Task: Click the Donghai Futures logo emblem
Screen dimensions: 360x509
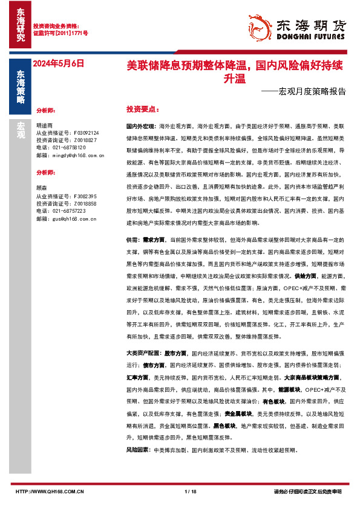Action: coord(261,27)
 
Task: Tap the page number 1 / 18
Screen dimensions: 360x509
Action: coord(190,491)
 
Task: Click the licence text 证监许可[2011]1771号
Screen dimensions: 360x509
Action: coord(61,33)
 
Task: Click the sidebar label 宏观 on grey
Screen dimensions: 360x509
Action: coord(21,131)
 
